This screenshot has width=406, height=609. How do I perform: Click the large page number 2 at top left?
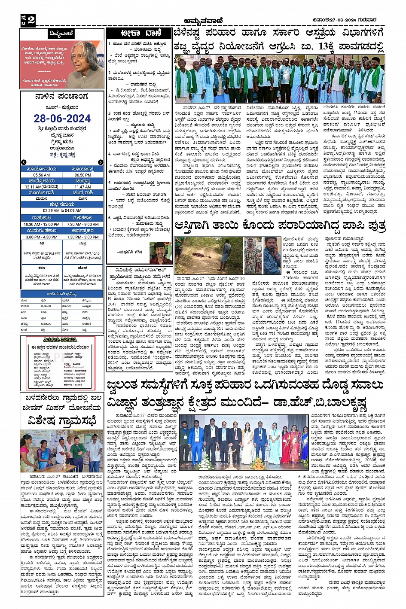(31, 20)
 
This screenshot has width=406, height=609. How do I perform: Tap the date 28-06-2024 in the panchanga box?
(62, 119)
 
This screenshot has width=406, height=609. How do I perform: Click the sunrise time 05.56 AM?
(41, 175)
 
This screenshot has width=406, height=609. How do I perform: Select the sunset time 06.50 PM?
(82, 175)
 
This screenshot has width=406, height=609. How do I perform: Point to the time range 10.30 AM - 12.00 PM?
(42, 224)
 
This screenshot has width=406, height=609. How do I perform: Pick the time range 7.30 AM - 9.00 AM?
(82, 224)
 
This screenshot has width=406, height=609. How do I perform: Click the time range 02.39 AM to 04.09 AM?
(62, 210)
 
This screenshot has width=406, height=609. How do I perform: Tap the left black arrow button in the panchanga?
(24, 162)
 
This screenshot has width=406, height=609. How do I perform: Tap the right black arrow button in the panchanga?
(101, 162)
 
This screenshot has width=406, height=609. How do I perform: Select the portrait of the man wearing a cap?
(161, 252)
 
